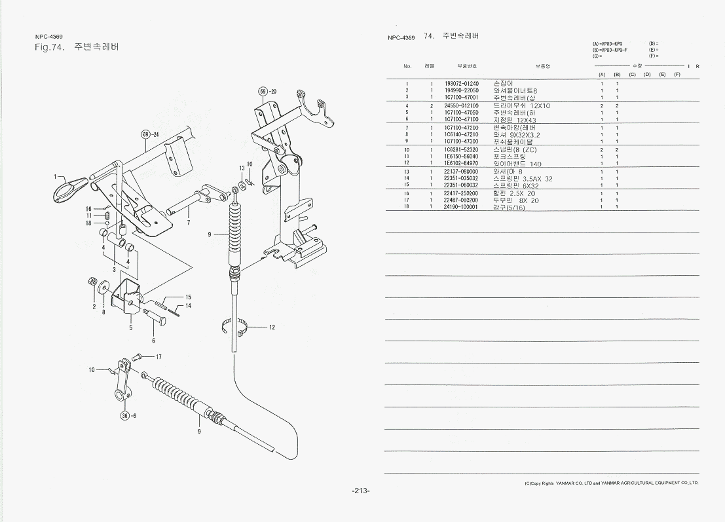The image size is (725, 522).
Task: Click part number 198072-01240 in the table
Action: tap(462, 84)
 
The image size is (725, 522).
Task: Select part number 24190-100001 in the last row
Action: tap(462, 206)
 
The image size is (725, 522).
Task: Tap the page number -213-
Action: tap(361, 491)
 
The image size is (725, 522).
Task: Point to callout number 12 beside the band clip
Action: tap(272, 327)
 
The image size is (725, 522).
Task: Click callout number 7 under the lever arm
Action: tap(188, 223)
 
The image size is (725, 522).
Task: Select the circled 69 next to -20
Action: tap(263, 91)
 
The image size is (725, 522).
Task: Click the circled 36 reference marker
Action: tap(124, 415)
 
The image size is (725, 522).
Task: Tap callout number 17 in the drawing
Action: tap(158, 357)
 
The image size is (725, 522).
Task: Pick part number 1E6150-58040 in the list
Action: tap(462, 157)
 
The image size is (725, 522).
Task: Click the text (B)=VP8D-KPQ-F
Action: tap(609, 50)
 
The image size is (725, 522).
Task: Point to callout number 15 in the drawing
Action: tap(188, 297)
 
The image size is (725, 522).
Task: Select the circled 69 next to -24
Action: tap(146, 135)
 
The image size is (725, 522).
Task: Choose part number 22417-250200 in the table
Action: tap(462, 193)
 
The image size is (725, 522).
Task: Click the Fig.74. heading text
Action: tap(49, 47)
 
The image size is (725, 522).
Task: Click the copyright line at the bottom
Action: tap(611, 483)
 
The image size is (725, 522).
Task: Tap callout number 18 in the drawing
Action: tap(89, 223)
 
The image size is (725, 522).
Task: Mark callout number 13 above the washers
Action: tap(242, 168)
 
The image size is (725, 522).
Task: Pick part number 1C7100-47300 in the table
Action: tap(462, 141)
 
